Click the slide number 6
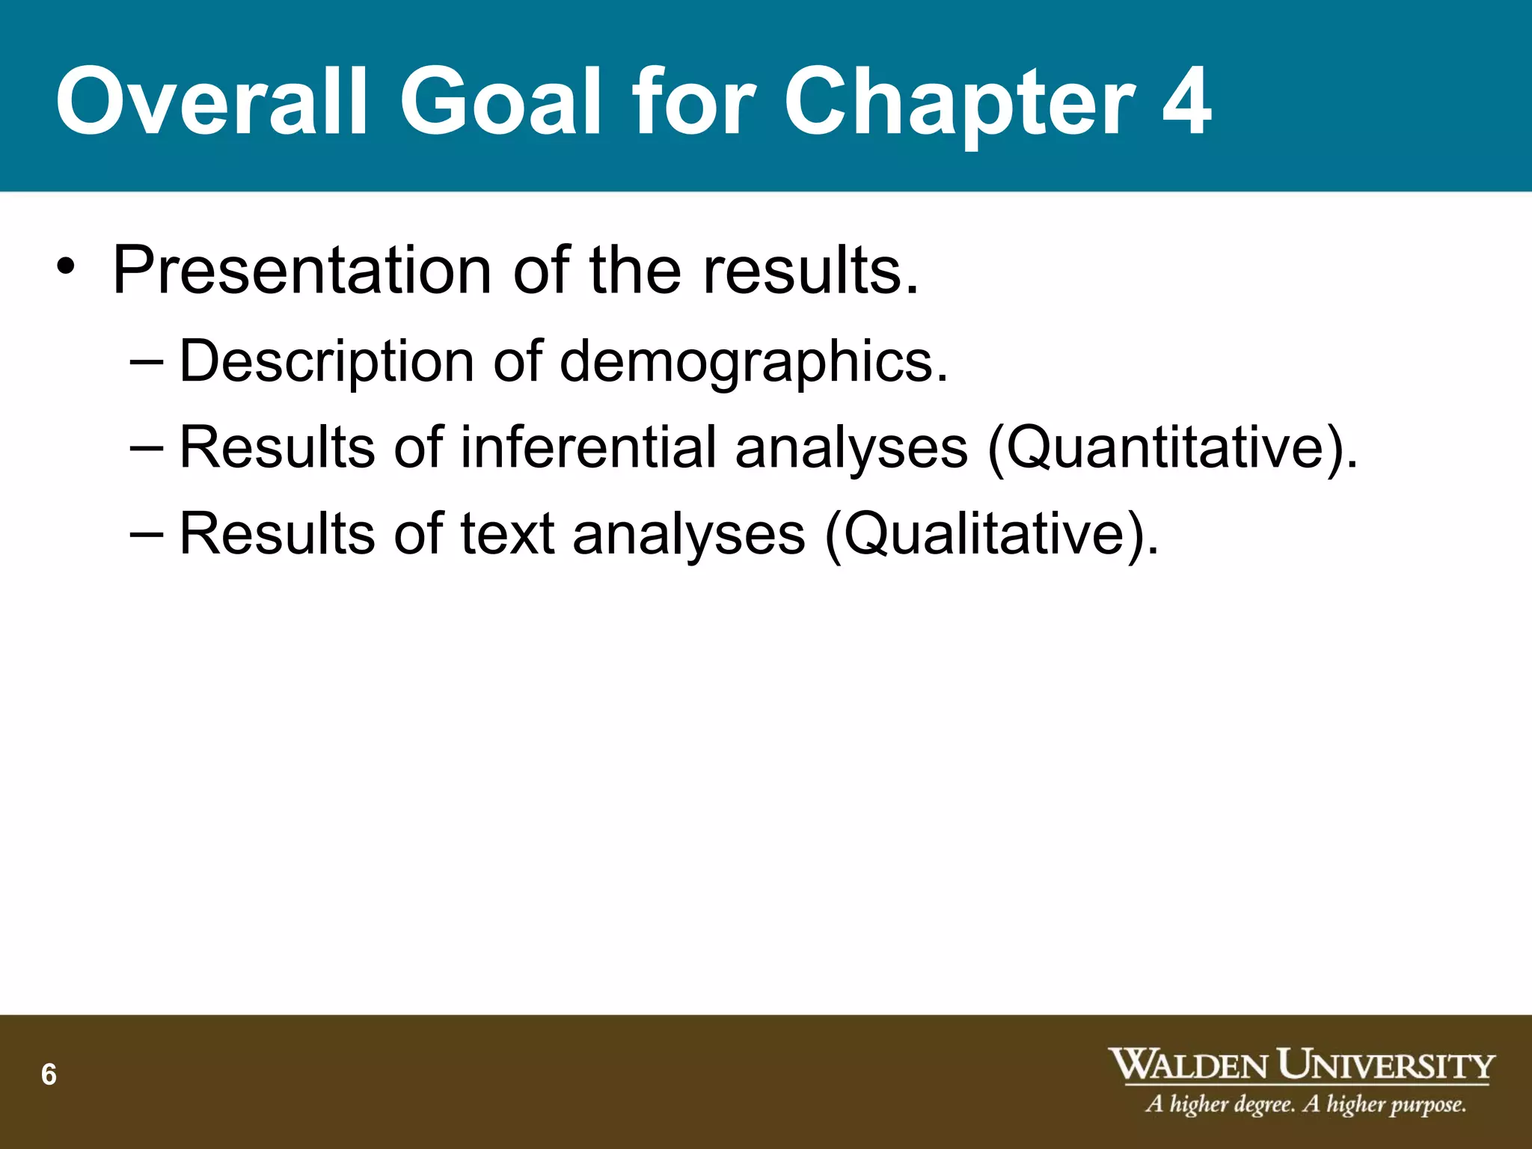coord(49,1074)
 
